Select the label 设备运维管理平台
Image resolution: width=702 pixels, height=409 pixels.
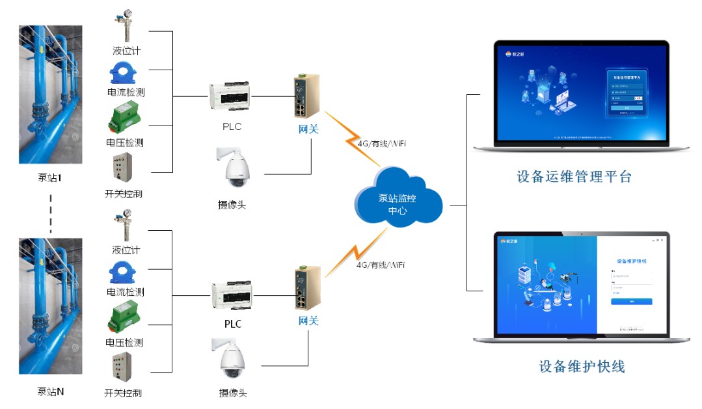click(x=574, y=176)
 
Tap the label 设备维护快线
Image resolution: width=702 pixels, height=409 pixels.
click(x=582, y=366)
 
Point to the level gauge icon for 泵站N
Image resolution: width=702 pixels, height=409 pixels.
click(x=124, y=224)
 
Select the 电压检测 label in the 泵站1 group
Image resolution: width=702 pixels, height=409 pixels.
click(x=124, y=142)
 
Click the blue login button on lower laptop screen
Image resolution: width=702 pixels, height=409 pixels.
click(x=631, y=301)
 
